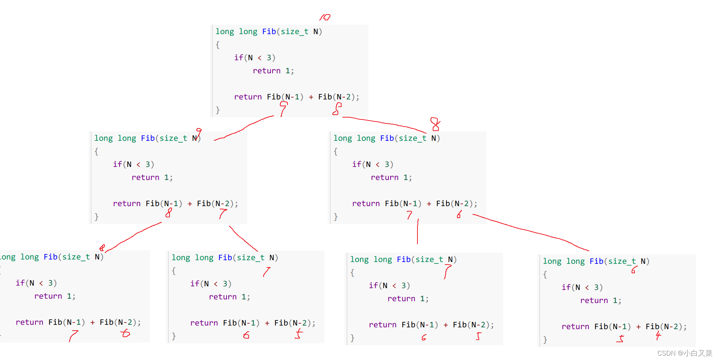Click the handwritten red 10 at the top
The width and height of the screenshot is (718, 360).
click(325, 17)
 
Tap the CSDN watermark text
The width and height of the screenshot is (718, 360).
click(684, 353)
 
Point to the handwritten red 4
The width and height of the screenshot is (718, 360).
click(658, 336)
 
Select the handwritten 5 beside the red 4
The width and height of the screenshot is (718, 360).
click(621, 339)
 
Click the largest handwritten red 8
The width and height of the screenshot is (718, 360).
click(435, 124)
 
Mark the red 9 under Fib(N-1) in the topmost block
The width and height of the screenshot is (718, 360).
click(283, 109)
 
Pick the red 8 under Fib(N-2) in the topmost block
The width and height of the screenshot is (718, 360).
click(337, 109)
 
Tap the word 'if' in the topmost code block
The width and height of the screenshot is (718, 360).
click(238, 58)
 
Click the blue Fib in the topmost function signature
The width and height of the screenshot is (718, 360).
click(269, 32)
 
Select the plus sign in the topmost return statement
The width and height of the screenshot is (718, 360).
click(311, 97)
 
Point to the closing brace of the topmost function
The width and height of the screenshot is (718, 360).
click(218, 110)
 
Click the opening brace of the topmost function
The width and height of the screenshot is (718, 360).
click(218, 45)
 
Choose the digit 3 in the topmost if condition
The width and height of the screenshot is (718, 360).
click(269, 58)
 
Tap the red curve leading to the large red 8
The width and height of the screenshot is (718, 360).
click(385, 123)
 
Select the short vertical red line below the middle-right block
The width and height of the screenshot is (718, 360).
click(418, 232)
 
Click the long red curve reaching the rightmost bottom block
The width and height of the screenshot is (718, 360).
click(530, 231)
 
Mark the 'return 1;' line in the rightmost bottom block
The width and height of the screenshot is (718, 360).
click(600, 300)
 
